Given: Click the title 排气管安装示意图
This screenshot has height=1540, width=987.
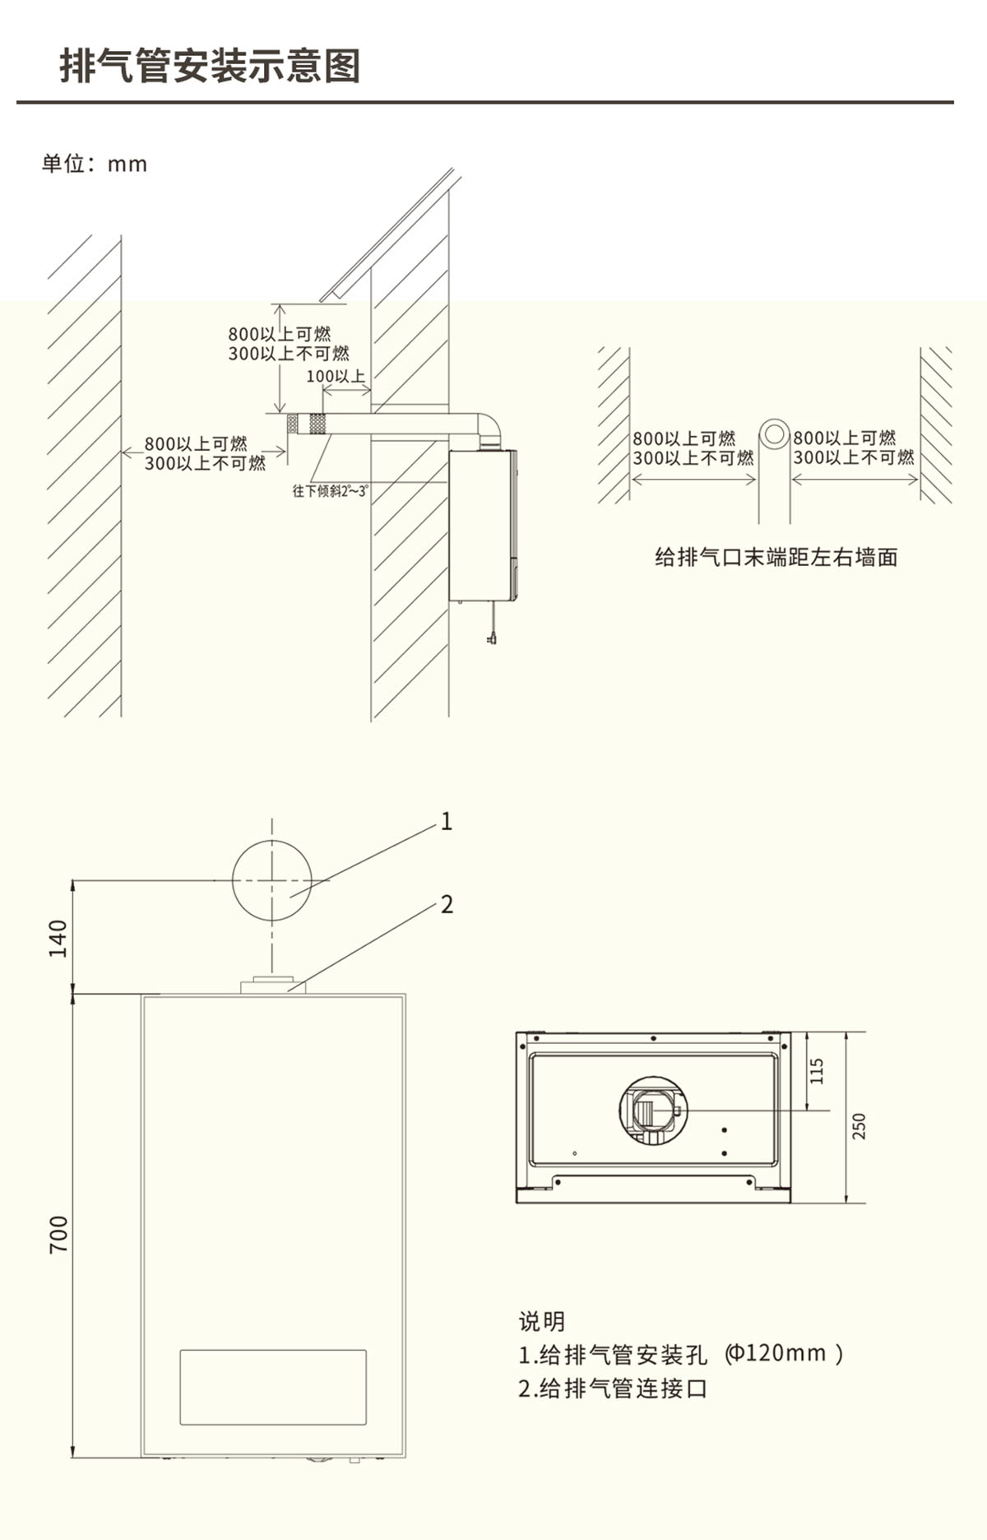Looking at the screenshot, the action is (x=211, y=66).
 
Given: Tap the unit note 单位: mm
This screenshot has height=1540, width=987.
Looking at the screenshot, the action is (x=95, y=164).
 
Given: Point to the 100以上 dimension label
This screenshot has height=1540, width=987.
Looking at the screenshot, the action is (x=336, y=376).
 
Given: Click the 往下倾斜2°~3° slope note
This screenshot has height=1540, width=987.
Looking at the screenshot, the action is (x=331, y=491).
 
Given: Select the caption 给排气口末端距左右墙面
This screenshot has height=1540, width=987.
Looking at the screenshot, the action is (x=776, y=557).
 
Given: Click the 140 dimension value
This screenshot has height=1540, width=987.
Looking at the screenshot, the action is (x=58, y=939).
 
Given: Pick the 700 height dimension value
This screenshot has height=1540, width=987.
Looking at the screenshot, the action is (x=58, y=1234).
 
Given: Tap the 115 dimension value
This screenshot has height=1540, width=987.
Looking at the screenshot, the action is (x=817, y=1070).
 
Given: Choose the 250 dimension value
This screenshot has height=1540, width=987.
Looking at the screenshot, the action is (x=859, y=1126).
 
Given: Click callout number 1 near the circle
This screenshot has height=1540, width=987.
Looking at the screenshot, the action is (x=447, y=821).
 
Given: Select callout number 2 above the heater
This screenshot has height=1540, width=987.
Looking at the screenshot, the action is (x=447, y=904).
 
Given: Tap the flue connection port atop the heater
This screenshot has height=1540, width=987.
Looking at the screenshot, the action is (x=272, y=986).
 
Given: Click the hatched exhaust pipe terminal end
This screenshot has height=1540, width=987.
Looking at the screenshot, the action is (x=306, y=424).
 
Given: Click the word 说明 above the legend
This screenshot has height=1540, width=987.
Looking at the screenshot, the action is (x=542, y=1321).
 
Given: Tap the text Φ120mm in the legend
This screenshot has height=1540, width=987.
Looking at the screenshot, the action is (x=776, y=1353).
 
